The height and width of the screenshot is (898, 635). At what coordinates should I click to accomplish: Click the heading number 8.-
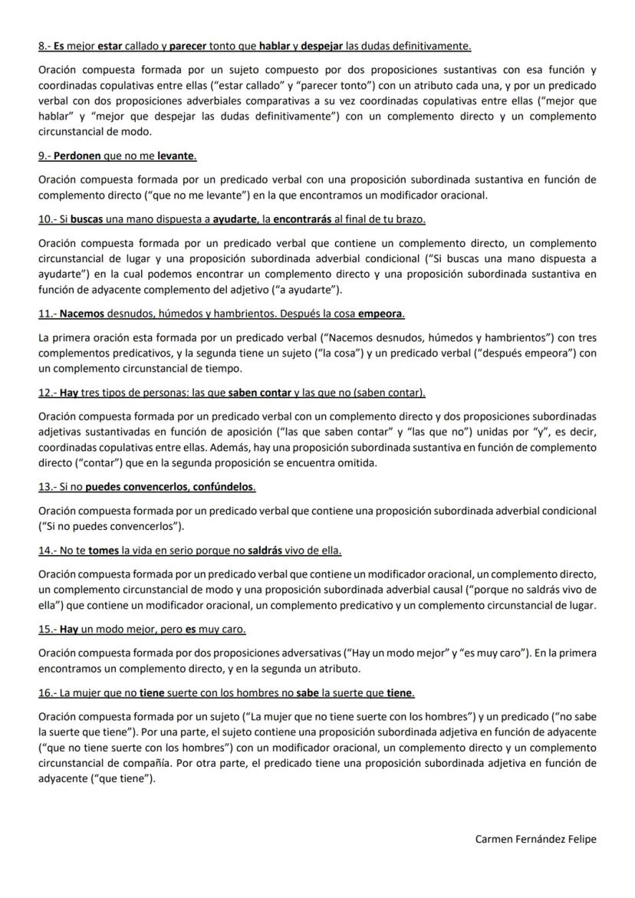click(x=44, y=46)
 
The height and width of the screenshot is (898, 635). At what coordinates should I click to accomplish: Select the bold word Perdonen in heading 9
click(x=77, y=156)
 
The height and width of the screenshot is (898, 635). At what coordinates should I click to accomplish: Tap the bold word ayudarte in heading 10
click(x=235, y=219)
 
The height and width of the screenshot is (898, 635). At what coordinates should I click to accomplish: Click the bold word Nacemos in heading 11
click(x=82, y=314)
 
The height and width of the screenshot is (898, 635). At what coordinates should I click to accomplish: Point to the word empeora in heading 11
click(x=381, y=314)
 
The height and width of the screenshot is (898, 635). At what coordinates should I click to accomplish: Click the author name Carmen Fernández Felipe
click(x=535, y=839)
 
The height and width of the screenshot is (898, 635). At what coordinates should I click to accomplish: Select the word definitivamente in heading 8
click(x=433, y=46)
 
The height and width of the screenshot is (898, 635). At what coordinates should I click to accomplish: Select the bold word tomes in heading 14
click(x=104, y=551)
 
